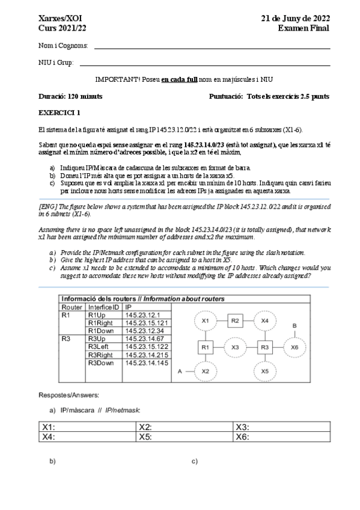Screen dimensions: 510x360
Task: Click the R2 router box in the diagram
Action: [235, 321]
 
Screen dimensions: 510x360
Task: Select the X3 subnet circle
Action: [235, 347]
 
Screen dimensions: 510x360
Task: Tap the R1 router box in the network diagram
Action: [205, 347]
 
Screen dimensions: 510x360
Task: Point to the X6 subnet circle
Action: [294, 347]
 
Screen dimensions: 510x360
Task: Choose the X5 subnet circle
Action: [264, 372]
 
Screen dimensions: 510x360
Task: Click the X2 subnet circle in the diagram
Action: [205, 372]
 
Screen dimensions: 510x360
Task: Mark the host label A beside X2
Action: [179, 372]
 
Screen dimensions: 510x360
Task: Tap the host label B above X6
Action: [294, 325]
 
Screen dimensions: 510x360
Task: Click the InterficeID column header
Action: [103, 307]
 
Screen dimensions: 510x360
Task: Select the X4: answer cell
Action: [87, 437]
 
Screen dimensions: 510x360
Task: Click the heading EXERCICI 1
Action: [58, 112]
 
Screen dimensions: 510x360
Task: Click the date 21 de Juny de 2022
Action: [295, 19]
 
